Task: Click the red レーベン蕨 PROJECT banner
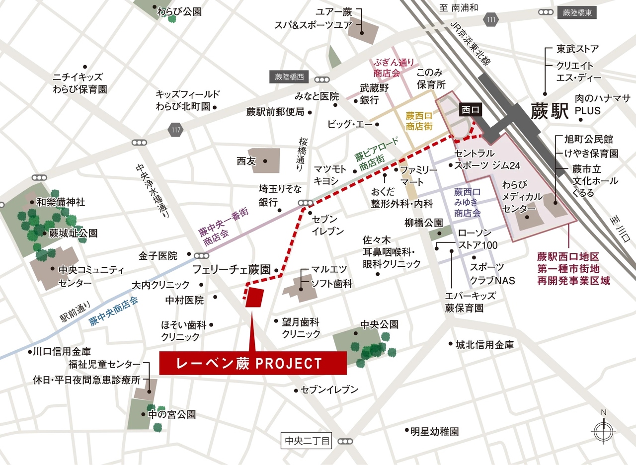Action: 252,364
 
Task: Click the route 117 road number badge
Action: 175,130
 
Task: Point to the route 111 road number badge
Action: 491,19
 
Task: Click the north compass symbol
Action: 604,430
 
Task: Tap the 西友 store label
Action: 246,161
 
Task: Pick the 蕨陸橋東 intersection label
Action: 576,12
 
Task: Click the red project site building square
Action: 255,298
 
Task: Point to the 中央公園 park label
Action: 380,324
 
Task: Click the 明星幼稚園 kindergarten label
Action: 434,431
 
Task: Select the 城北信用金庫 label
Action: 484,344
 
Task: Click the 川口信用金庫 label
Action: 62,351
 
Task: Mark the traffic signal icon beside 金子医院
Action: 202,256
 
